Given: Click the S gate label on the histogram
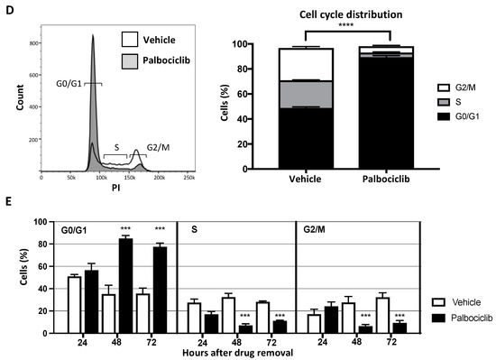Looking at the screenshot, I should [x=115, y=144].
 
